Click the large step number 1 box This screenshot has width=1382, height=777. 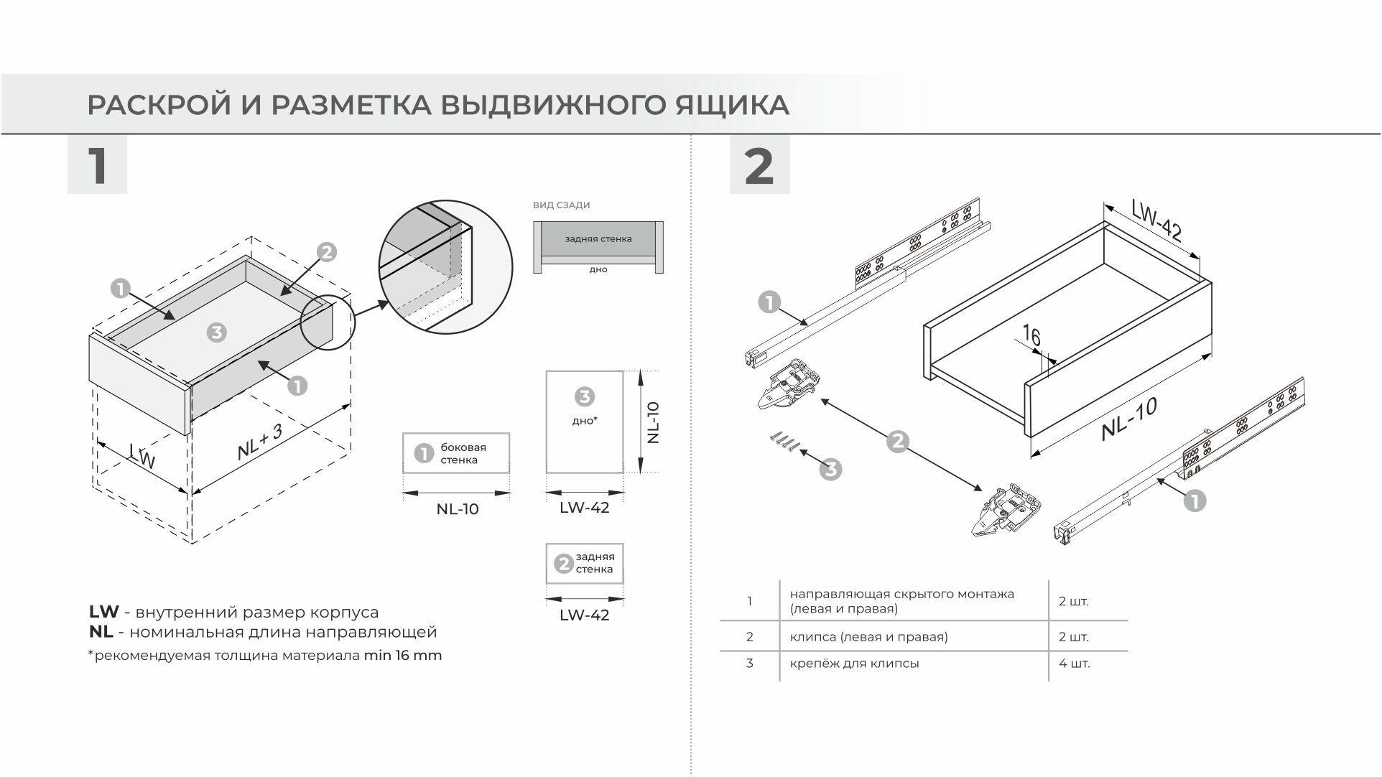click(x=97, y=165)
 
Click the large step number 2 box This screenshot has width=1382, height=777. click(x=759, y=165)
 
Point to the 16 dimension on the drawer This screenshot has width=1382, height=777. click(x=1031, y=336)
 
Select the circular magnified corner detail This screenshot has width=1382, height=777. click(x=445, y=267)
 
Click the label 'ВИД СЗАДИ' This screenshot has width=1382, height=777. click(x=561, y=205)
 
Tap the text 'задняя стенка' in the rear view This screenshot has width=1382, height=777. click(x=598, y=238)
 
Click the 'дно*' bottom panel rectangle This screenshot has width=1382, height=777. click(x=584, y=422)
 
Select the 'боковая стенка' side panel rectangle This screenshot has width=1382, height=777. click(x=456, y=453)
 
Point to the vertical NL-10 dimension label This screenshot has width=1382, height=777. click(x=652, y=422)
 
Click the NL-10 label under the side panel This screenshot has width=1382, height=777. click(x=457, y=510)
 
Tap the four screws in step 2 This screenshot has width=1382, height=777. click(x=785, y=442)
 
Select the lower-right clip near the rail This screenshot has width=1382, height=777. click(x=1006, y=511)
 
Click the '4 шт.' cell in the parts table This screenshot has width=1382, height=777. click(x=1074, y=664)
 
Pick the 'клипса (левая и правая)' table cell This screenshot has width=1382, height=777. click(x=868, y=637)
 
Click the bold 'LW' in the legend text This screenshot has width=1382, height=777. click(x=103, y=613)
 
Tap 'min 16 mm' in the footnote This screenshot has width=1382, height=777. click(x=402, y=656)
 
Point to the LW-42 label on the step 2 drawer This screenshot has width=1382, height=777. click(x=1156, y=220)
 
